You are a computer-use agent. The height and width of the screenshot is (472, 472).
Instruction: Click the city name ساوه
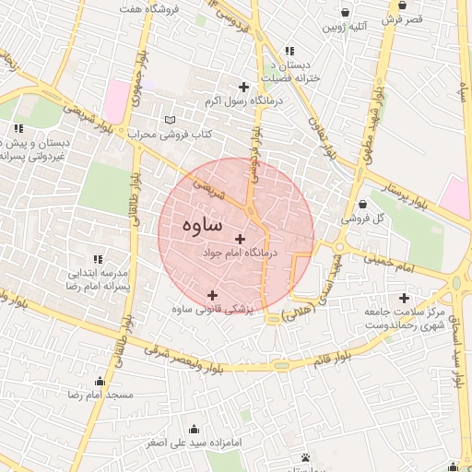202,224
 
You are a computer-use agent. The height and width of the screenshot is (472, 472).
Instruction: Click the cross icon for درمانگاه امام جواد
242,239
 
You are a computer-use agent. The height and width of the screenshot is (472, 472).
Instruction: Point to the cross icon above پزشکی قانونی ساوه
213,294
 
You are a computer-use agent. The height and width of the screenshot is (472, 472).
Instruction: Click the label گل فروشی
361,219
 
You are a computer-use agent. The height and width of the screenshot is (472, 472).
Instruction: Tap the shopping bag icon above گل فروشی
361,205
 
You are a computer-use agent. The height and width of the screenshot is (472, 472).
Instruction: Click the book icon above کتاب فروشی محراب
168,120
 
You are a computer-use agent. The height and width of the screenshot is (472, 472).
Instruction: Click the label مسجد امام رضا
100,395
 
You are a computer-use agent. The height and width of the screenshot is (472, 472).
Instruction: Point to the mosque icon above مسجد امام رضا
100,381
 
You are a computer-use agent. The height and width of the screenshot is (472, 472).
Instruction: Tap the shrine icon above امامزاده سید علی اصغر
195,429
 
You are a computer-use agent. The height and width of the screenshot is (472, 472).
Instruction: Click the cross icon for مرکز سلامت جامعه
403,298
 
